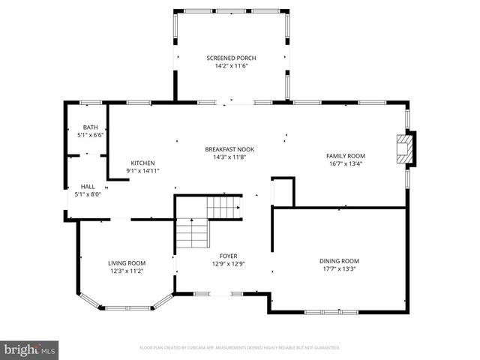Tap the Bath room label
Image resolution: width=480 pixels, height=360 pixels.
[90, 127]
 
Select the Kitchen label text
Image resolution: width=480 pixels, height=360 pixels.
[142, 163]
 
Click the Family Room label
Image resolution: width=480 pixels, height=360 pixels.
[345, 155]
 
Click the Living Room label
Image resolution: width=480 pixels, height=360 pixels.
[127, 262]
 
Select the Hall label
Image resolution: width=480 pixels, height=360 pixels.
[88, 187]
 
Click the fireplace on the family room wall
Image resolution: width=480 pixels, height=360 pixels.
[406, 147]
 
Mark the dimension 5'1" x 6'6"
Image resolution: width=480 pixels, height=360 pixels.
[90, 135]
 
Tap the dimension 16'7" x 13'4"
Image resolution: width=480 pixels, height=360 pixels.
[345, 163]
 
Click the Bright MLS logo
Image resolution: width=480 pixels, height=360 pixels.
[30, 349]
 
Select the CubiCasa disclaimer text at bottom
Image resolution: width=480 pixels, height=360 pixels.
[240, 348]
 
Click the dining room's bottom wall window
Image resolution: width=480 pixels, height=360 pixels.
[325, 311]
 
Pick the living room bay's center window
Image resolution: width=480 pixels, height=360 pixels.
[127, 307]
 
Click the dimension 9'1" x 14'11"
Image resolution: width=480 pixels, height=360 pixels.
[142, 171]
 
